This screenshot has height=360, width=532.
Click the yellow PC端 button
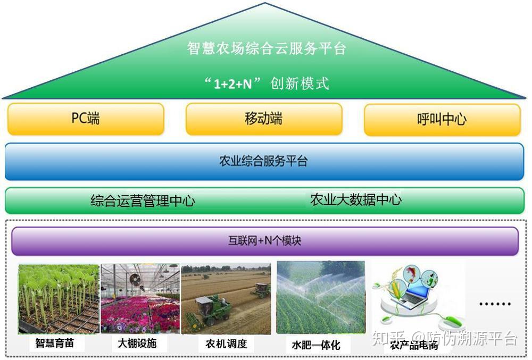click(86, 119)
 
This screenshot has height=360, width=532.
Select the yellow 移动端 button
click(263, 119)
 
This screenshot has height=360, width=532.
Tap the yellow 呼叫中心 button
click(442, 119)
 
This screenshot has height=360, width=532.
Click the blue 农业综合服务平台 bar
click(264, 161)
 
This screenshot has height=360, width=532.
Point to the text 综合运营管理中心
click(143, 201)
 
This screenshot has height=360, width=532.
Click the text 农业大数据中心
click(356, 200)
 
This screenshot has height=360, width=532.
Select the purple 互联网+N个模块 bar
click(264, 241)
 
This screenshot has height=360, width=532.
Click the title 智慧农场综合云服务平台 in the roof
click(267, 48)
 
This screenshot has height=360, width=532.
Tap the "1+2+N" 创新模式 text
click(267, 83)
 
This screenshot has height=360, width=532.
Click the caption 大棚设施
click(137, 344)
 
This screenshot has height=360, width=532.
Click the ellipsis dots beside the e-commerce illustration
click(495, 304)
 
